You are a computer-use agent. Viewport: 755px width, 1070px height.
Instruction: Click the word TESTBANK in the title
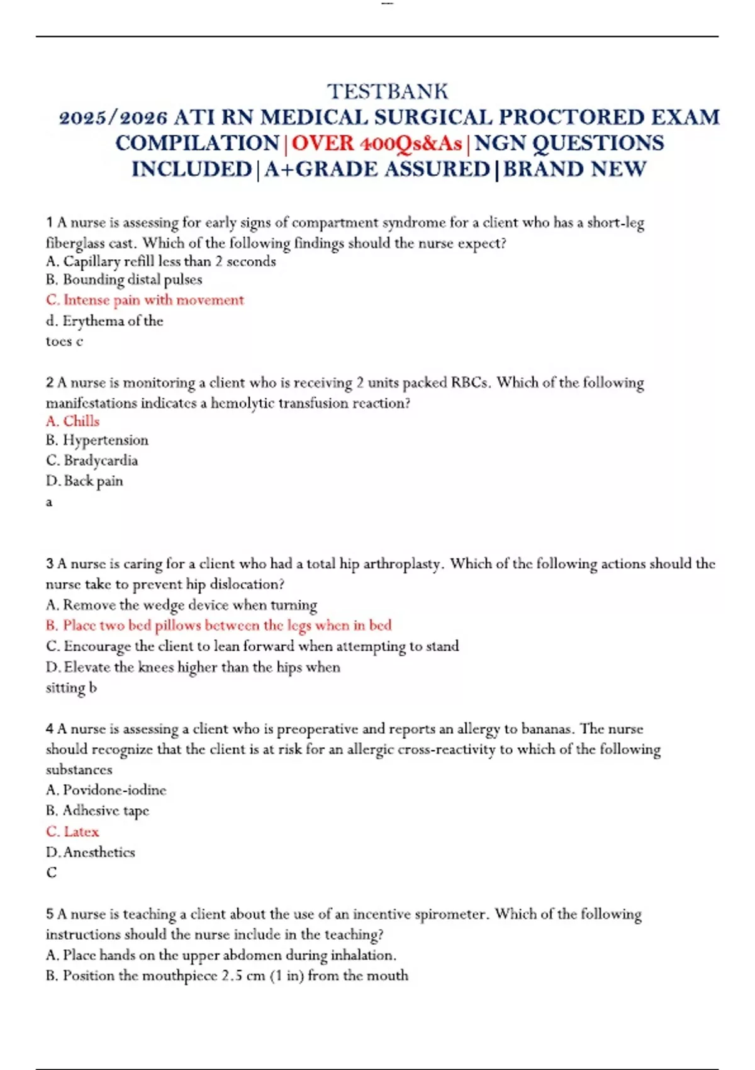click(388, 92)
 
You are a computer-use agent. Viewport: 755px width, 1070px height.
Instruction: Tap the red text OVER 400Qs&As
click(377, 144)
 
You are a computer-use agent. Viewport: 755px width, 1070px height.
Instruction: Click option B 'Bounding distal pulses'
click(124, 279)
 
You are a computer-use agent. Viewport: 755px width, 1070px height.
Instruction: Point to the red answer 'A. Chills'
click(72, 421)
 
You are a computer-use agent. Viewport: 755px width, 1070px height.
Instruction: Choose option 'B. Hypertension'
click(97, 440)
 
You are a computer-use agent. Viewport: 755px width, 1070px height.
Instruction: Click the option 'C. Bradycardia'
click(92, 460)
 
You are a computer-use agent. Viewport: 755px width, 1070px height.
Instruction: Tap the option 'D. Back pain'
click(84, 481)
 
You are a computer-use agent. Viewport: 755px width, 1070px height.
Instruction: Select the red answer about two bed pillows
click(218, 625)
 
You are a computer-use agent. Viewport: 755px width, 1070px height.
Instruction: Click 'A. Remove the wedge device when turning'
click(181, 605)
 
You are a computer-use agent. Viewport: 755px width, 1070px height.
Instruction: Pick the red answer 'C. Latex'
click(72, 831)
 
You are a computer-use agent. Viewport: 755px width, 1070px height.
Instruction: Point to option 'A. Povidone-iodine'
click(106, 790)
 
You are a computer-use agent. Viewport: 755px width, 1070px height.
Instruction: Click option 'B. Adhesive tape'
click(98, 811)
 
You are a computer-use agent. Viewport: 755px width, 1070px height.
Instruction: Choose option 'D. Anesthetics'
click(91, 852)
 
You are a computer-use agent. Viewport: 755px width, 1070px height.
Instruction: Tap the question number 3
click(50, 564)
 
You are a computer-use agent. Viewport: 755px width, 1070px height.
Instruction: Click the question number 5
click(50, 914)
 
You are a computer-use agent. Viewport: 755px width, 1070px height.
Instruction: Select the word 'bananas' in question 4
click(547, 729)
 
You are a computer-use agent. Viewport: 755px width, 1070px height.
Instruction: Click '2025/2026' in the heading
click(113, 118)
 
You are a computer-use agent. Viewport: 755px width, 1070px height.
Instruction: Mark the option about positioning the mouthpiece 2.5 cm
click(227, 976)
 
